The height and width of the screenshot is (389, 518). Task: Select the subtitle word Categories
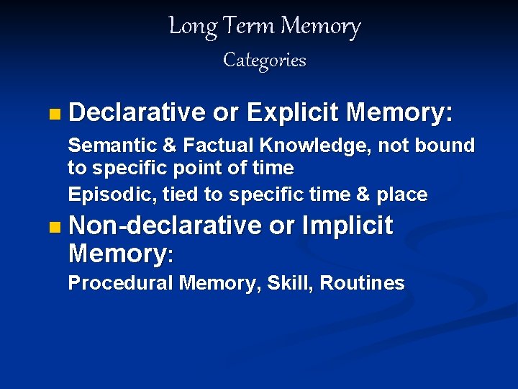(264, 60)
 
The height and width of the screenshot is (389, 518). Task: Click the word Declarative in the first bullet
(137, 112)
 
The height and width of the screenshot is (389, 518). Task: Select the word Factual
(219, 146)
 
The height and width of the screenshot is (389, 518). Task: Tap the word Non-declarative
(165, 225)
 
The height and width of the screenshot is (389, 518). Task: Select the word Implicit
(347, 226)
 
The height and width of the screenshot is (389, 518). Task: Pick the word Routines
(362, 283)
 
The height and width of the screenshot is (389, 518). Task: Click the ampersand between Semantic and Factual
(170, 146)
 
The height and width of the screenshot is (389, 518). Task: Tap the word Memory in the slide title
(320, 27)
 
